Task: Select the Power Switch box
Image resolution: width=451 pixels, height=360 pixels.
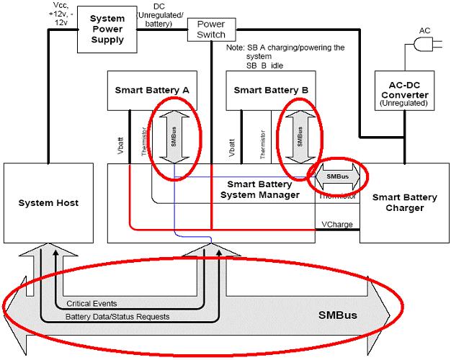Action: tap(210, 29)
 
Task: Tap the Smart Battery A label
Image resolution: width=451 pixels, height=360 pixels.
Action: tap(152, 90)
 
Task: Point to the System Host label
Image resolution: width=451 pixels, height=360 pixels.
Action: tap(49, 203)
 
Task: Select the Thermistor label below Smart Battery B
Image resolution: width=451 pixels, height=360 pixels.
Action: tap(263, 144)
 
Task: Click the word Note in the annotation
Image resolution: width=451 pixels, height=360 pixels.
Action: tap(235, 48)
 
